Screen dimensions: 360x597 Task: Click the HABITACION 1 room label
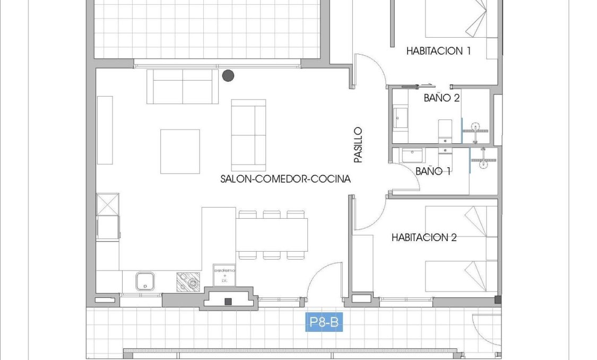point(439,51)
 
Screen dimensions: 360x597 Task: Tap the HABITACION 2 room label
point(424,237)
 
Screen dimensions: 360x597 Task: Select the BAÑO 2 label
point(442,98)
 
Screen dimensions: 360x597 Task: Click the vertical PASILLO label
point(358,144)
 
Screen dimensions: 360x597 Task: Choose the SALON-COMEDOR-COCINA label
point(285,179)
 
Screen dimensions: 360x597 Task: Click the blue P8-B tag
point(323,323)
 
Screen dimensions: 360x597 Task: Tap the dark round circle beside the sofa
point(228,75)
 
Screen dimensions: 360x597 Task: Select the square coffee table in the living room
point(180,151)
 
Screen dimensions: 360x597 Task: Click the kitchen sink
point(144,281)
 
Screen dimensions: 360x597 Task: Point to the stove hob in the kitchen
point(188,281)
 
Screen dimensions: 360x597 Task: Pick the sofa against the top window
point(183,86)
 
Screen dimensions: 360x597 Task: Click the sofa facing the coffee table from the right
point(248,135)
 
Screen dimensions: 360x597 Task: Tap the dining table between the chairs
point(272,235)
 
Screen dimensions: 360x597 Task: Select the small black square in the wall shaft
point(228,302)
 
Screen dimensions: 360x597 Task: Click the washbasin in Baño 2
point(400,117)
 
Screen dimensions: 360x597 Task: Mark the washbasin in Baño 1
point(411,156)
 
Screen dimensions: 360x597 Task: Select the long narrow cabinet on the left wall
point(105,130)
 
